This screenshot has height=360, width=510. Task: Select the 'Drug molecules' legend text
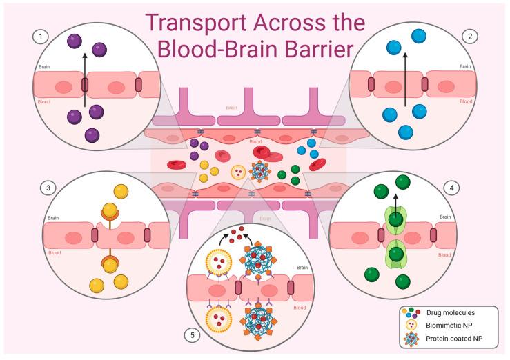pyautogui.click(x=455, y=313)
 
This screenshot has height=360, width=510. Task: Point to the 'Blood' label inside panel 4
pyautogui.click(x=464, y=254)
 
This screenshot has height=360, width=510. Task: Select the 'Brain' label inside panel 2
pyautogui.click(x=467, y=67)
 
